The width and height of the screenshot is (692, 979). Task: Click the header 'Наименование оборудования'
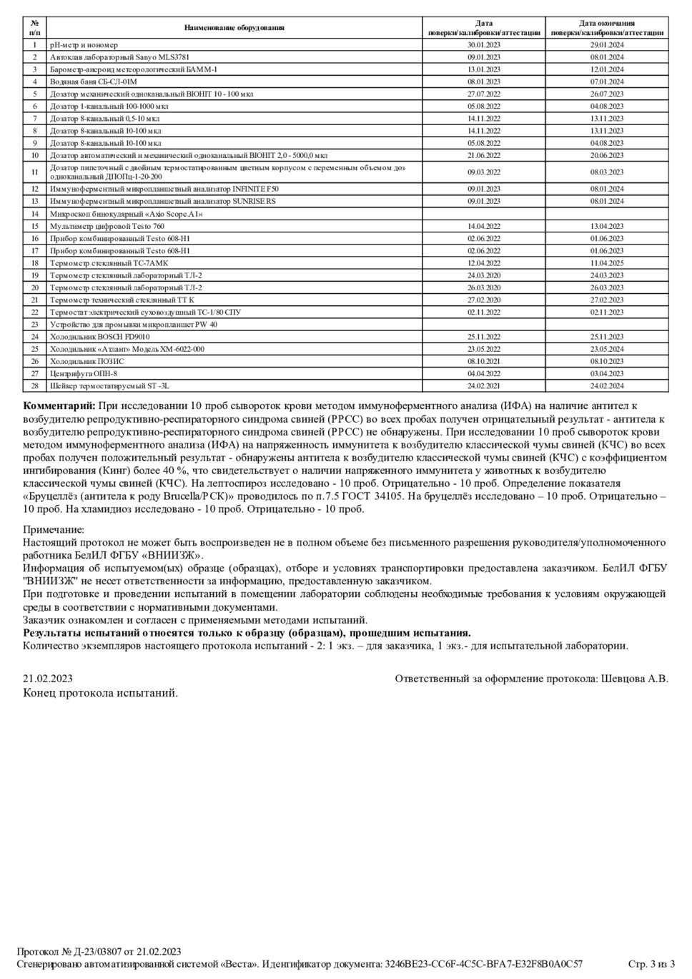234,28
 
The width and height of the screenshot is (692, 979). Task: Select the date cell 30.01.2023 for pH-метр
484,45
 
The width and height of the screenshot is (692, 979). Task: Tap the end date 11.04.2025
607,263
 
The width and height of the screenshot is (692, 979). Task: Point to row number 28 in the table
34,386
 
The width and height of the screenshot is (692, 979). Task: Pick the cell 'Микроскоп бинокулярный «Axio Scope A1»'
127,214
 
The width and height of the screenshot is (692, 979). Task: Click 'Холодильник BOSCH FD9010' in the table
100,337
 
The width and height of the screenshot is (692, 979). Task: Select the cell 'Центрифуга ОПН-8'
84,374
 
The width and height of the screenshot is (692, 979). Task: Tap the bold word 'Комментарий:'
59,406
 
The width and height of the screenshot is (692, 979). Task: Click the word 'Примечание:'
54,530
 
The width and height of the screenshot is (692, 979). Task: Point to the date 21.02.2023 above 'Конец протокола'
48,679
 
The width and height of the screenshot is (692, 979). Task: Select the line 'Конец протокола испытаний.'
101,693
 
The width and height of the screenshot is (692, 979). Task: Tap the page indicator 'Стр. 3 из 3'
651,964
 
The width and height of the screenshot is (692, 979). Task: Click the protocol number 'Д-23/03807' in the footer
98,952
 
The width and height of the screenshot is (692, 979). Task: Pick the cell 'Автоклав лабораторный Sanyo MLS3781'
120,57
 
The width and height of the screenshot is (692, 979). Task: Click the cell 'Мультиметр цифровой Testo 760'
107,226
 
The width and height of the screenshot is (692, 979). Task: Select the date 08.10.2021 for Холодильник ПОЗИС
484,362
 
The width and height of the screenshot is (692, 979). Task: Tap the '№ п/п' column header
34,28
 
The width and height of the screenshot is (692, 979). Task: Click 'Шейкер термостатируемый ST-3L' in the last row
109,386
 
